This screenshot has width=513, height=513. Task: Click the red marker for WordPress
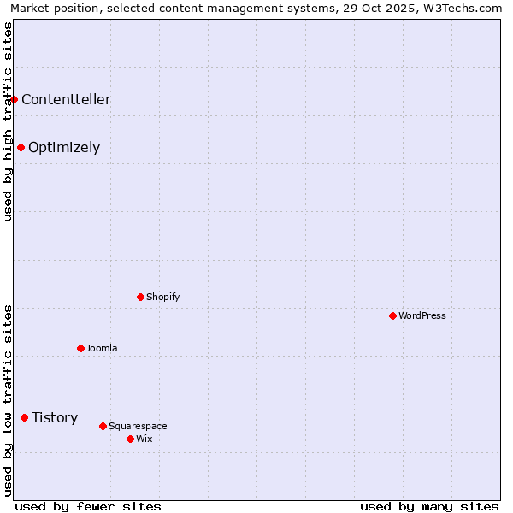(392, 315)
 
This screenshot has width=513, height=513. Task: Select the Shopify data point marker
(140, 297)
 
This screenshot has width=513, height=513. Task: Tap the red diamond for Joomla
(80, 348)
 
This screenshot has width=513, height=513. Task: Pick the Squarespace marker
(103, 426)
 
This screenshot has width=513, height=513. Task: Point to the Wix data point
(130, 439)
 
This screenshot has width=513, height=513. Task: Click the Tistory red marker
(24, 417)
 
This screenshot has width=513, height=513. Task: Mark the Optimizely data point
(21, 147)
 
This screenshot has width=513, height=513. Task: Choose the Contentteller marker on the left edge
(15, 99)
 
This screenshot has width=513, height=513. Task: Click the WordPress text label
(422, 315)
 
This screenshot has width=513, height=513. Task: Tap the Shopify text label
(162, 297)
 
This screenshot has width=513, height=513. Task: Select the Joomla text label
(102, 348)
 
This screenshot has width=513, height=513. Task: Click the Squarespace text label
(138, 426)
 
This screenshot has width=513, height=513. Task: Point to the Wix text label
(144, 439)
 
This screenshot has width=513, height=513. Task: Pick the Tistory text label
(55, 417)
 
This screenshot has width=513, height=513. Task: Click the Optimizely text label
(64, 147)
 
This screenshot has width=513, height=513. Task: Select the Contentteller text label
(66, 99)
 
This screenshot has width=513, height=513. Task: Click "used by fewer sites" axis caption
(88, 506)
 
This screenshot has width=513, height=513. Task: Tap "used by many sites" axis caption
(429, 506)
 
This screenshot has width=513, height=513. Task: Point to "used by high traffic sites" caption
(9, 121)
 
